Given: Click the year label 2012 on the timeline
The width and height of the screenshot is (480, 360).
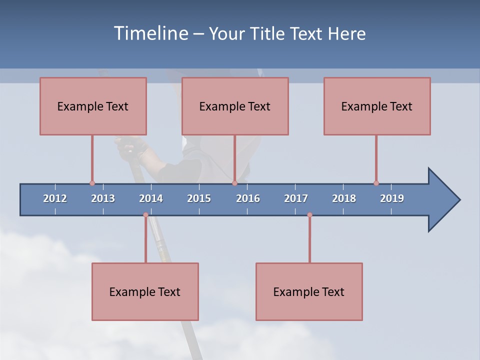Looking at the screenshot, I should [x=55, y=198].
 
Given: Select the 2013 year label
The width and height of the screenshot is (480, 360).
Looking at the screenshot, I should [x=103, y=198].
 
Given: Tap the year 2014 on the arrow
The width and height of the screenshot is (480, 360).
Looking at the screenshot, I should [x=151, y=198].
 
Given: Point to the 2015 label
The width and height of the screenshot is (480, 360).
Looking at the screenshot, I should [x=199, y=198].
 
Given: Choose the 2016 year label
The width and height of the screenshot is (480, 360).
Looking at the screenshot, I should [x=248, y=198].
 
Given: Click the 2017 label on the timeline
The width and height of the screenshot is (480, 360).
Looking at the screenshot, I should [x=296, y=198].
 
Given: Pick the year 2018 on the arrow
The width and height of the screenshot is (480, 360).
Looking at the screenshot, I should [x=344, y=198].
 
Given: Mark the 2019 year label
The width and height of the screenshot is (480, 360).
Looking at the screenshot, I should [x=392, y=198].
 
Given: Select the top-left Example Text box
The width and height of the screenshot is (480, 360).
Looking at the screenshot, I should [x=93, y=106].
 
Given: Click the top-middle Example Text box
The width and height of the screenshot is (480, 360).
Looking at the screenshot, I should [x=235, y=106].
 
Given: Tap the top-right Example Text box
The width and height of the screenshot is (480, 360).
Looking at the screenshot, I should [x=377, y=106].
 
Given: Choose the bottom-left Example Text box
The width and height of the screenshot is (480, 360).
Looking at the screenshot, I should [x=145, y=291].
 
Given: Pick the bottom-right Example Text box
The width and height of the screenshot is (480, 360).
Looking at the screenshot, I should [x=309, y=291].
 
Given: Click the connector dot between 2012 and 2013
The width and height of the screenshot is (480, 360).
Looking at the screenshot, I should [x=92, y=183].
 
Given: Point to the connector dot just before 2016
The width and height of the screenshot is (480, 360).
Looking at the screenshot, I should [x=234, y=183].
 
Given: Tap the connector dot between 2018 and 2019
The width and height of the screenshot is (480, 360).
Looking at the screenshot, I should [x=376, y=183].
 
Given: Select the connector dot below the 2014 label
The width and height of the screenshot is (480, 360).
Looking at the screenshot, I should [x=145, y=215].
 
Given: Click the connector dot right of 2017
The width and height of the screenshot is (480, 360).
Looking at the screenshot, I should [x=309, y=215].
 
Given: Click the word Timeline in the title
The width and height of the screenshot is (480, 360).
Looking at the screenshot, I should [x=150, y=33].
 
